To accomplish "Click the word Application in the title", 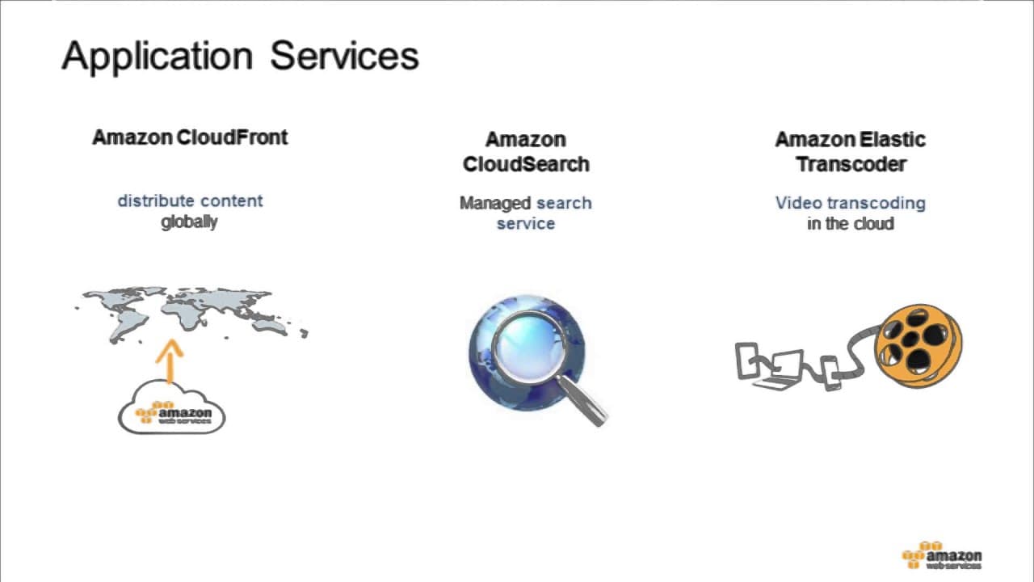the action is pos(157,57).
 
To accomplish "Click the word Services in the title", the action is pos(344,56).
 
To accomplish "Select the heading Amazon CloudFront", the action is pos(190,137).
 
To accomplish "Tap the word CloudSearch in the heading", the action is pos(526,164).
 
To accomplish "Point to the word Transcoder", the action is pos(851,164).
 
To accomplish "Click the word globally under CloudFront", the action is pos(189,222).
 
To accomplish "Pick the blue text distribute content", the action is pos(190,201).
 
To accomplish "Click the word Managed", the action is pos(495,203).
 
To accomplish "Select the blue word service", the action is pos(526,224).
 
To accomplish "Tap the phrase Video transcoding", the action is pos(851,203).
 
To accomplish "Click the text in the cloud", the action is pos(851,224).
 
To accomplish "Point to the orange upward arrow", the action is pos(170,361).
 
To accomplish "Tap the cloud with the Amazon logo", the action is pos(172,407).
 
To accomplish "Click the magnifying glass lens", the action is pos(530,348).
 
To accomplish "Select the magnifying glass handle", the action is pos(582,400).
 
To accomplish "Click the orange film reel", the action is pos(918,345).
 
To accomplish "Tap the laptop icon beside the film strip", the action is pos(780,370).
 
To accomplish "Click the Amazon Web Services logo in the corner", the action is pos(942,555).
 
